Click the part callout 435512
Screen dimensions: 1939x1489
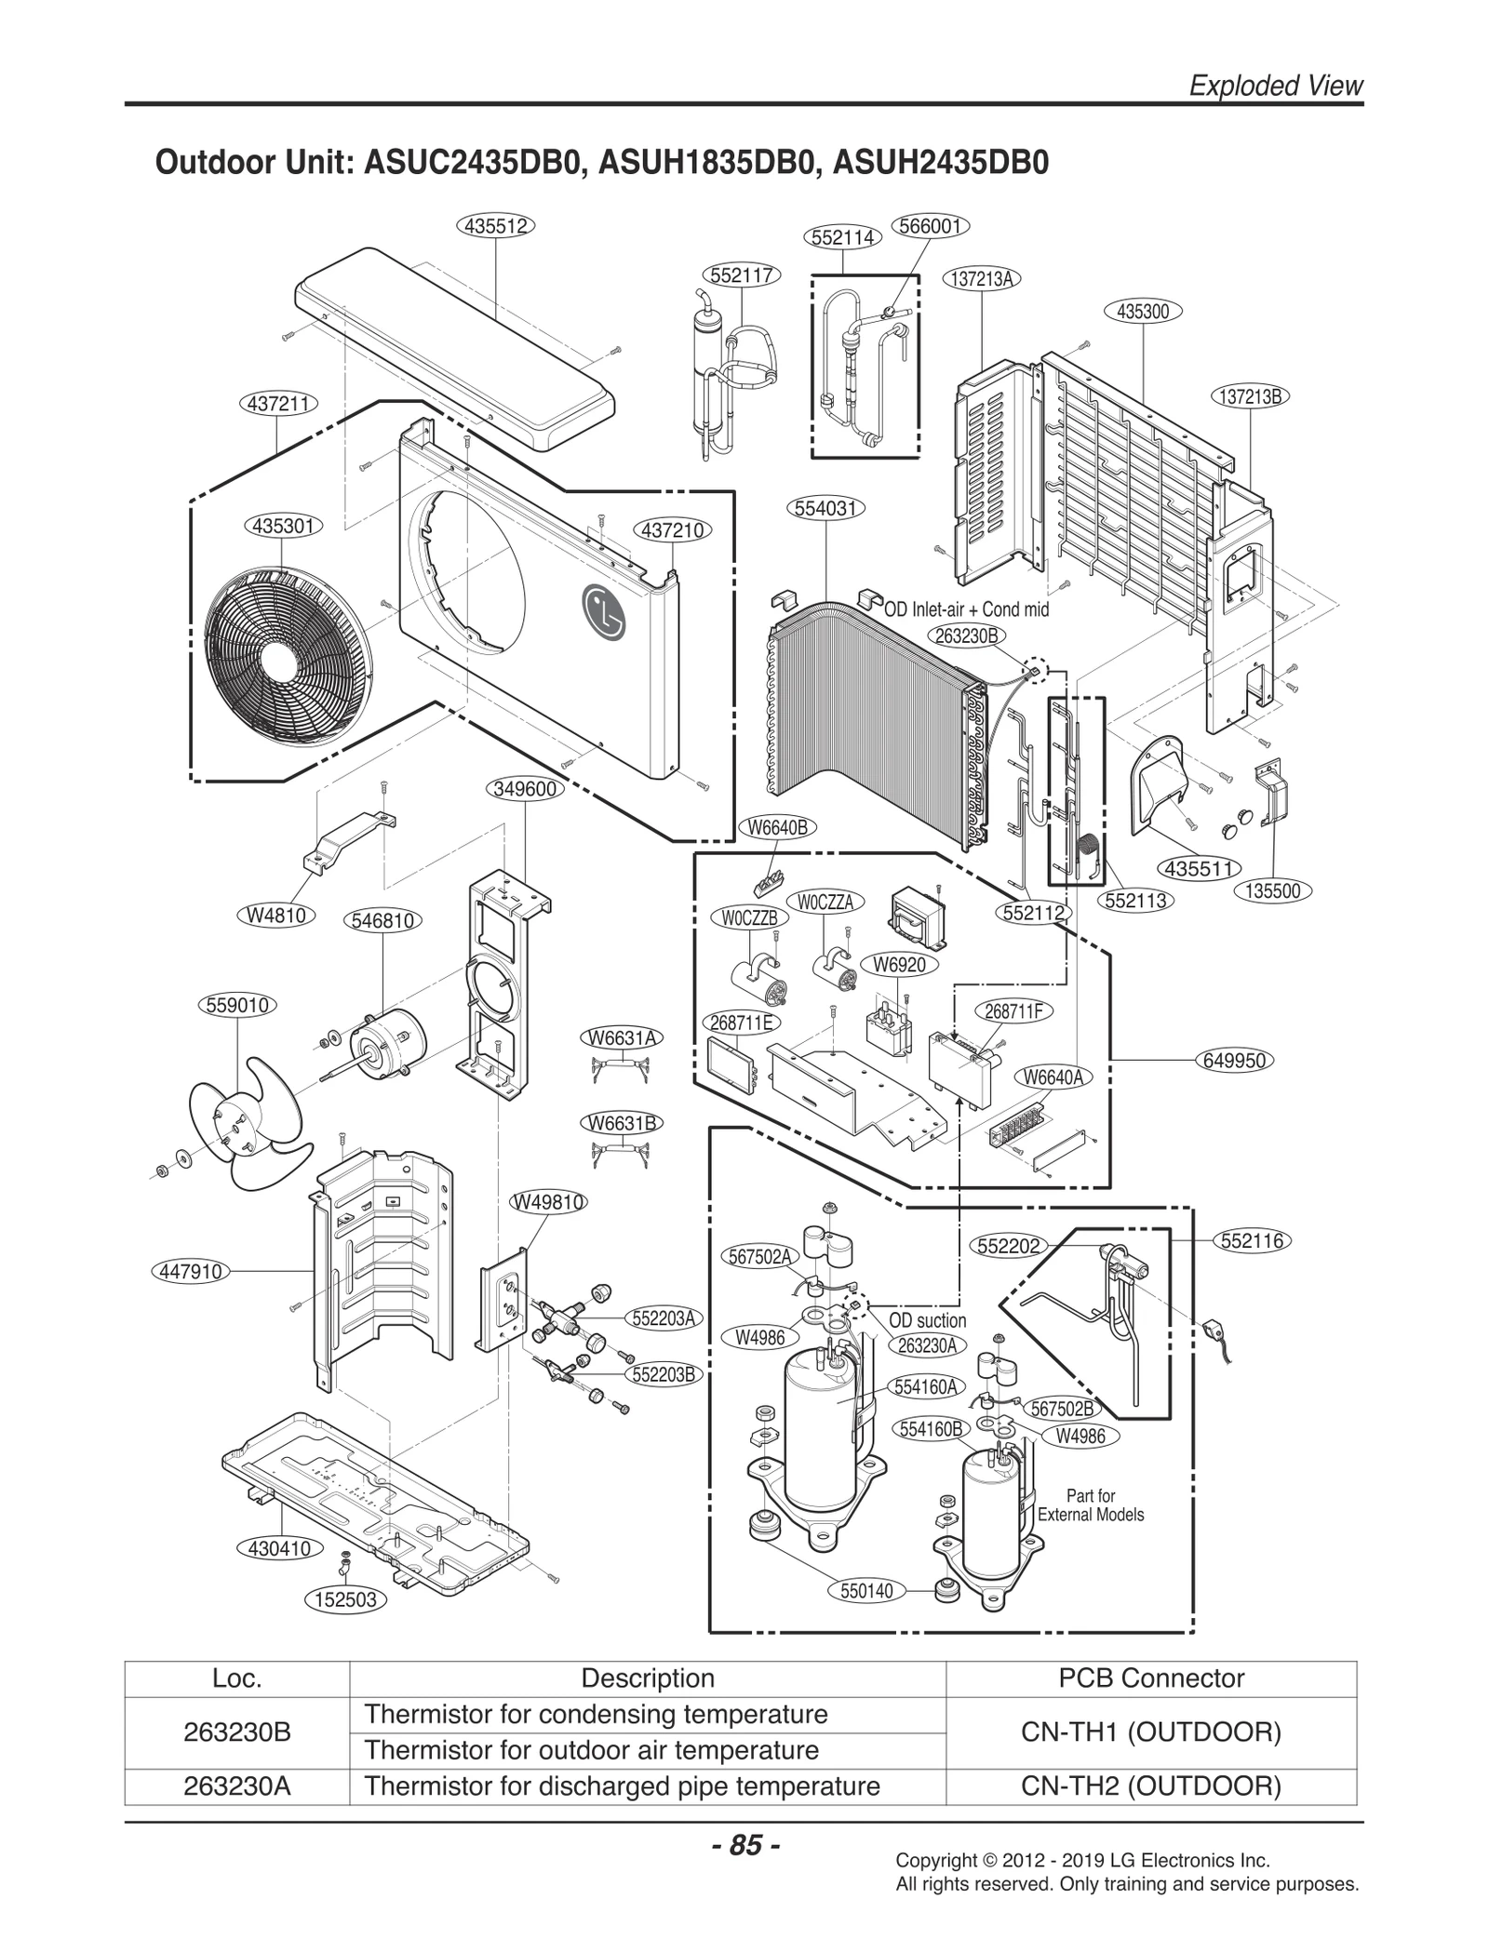495,225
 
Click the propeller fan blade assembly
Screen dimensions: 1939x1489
244,1124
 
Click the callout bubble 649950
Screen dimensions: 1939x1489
1234,1060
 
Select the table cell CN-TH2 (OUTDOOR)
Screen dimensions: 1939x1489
1150,1786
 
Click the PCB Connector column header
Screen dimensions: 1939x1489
1150,1678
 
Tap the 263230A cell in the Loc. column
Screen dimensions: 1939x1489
237,1786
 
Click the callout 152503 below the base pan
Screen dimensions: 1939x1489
345,1599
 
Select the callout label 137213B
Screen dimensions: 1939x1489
1250,395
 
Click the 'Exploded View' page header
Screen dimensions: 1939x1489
1276,86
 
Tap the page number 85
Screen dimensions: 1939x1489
744,1844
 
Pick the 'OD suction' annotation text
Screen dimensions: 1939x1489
927,1320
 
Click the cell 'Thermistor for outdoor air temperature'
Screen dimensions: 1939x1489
592,1750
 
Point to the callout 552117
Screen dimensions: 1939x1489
741,274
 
